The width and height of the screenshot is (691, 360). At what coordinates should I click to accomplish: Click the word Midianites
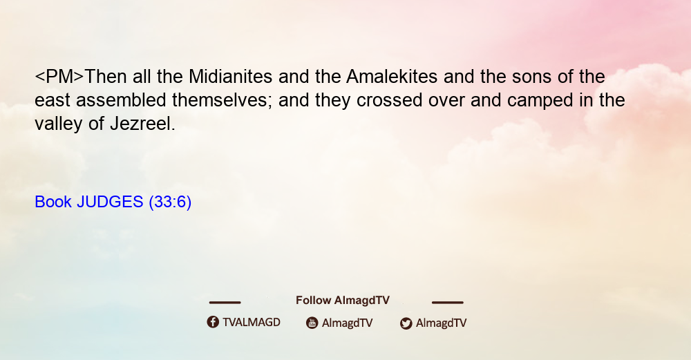click(231, 77)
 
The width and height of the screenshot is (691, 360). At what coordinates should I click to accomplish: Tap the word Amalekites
click(392, 77)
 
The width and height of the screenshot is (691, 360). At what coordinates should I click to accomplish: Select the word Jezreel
click(142, 124)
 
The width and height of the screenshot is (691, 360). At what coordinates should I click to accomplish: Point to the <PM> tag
click(59, 77)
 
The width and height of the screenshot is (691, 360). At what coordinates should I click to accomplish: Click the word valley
click(59, 124)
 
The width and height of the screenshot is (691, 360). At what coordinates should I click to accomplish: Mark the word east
click(53, 101)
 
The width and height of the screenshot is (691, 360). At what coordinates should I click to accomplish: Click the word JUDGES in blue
click(110, 202)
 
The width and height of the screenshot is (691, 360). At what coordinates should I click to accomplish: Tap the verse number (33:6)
click(170, 202)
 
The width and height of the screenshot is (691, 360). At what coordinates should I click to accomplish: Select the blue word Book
click(53, 202)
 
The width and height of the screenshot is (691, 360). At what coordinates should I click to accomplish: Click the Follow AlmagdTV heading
click(343, 301)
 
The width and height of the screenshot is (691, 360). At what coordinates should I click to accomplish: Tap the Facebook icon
click(213, 322)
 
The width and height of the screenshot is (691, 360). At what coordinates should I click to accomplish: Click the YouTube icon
click(312, 323)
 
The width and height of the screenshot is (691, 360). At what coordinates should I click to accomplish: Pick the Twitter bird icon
click(406, 323)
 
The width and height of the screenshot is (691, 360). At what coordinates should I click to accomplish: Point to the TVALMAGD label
click(252, 322)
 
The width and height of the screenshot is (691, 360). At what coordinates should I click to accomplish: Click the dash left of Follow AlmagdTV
click(225, 302)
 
